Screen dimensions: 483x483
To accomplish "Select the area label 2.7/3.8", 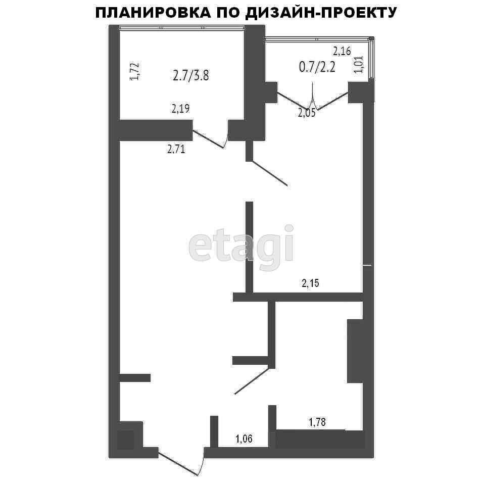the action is coord(191,75).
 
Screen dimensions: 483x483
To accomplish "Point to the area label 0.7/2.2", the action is coord(317,67).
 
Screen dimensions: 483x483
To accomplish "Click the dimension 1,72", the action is coord(134,72).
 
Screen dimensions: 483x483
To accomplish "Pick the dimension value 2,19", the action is coord(180,109).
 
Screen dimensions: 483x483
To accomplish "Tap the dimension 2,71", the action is coord(176,150).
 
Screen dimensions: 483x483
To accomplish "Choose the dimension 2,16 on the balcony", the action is coord(342,51).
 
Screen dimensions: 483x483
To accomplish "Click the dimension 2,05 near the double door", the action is coord(307,113).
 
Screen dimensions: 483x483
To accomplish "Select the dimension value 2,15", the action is coord(310,283).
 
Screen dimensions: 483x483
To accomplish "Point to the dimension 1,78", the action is coord(317,422).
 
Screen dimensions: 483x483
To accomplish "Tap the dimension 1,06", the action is coord(244,439).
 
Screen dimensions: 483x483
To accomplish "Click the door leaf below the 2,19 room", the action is coord(208,139).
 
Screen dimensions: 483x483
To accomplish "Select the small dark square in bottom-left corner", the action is coord(125,440).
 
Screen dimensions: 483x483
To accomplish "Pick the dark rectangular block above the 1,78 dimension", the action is coord(355,351).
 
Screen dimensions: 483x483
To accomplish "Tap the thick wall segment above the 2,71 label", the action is coord(156,130).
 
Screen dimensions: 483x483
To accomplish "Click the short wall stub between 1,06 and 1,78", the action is coord(272,426).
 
